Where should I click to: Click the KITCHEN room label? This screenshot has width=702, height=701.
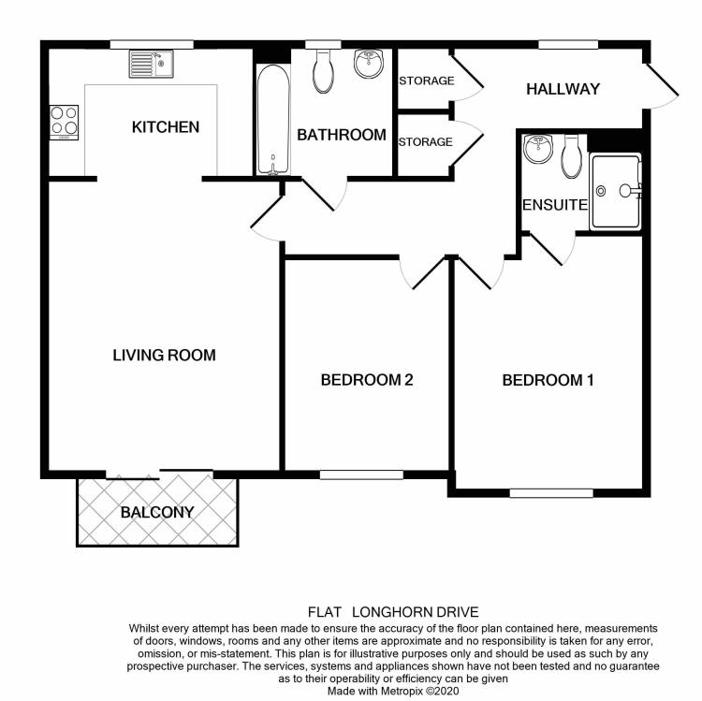[x=166, y=126]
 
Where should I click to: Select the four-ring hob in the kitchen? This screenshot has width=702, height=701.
[x=64, y=122]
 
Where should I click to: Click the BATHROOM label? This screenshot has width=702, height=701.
[x=341, y=135]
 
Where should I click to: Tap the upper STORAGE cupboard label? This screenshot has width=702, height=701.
[x=426, y=80]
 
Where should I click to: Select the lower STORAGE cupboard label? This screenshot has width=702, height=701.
[x=426, y=142]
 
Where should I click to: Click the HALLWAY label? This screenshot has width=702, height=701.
[x=562, y=89]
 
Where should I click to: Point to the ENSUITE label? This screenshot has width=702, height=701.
[x=555, y=205]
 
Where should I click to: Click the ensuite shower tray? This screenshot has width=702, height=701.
[x=616, y=191]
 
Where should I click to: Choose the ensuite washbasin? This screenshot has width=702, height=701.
[x=538, y=150]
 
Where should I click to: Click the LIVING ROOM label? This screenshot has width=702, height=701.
[x=164, y=355]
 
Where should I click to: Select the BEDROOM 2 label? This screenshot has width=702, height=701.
[x=367, y=380]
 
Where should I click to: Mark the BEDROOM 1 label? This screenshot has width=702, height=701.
[x=548, y=380]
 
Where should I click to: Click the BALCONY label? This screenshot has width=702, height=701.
[x=157, y=512]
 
